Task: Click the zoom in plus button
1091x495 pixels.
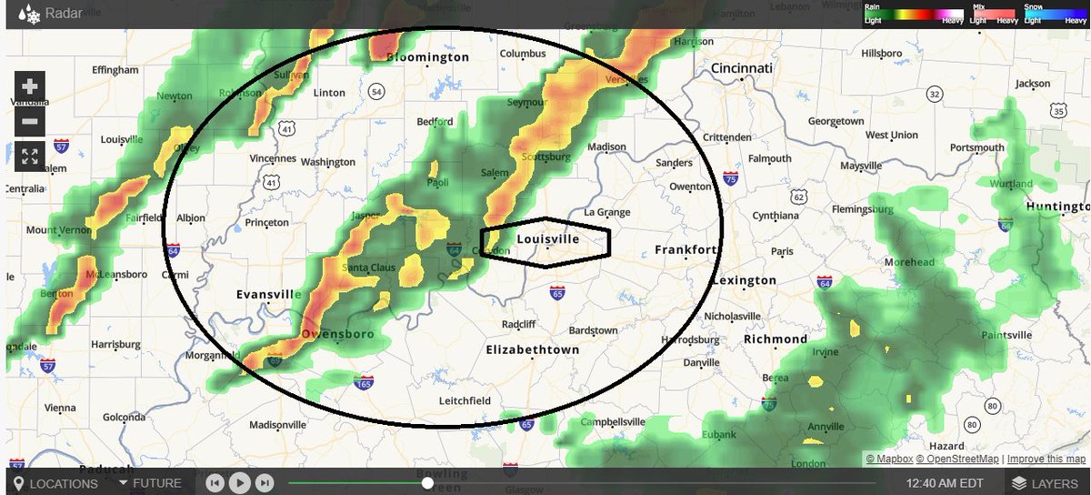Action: pyautogui.click(x=29, y=86)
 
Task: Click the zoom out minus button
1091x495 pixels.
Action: pyautogui.click(x=29, y=121)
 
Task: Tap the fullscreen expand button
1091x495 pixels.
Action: pyautogui.click(x=29, y=156)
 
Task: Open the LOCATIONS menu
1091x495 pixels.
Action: pyautogui.click(x=55, y=483)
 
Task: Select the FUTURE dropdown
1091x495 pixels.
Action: pyautogui.click(x=150, y=483)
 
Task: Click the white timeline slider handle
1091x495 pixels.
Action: pyautogui.click(x=427, y=483)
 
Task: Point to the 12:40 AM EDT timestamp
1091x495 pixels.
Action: pyautogui.click(x=945, y=483)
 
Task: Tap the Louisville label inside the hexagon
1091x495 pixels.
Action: pyautogui.click(x=547, y=239)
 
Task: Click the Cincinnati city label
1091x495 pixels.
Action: pyautogui.click(x=742, y=69)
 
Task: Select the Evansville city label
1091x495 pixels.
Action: pyautogui.click(x=268, y=295)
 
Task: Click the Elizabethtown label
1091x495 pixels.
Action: pyautogui.click(x=533, y=349)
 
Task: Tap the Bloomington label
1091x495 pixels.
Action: pyautogui.click(x=427, y=57)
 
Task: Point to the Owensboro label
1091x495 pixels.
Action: pyautogui.click(x=337, y=334)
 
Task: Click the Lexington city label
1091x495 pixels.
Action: pyautogui.click(x=744, y=280)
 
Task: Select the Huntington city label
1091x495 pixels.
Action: pyautogui.click(x=1057, y=207)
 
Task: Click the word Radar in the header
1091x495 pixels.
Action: pyautogui.click(x=64, y=14)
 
